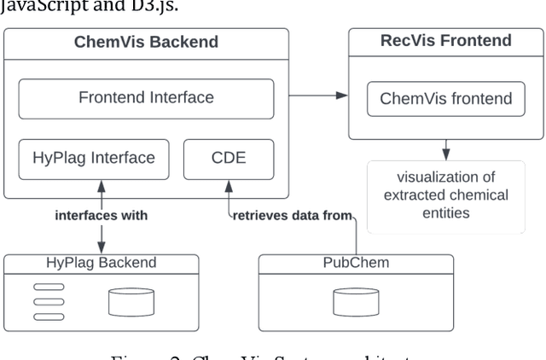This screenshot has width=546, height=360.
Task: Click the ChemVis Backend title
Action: click(x=147, y=42)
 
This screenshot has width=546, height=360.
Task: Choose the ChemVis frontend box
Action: click(x=446, y=99)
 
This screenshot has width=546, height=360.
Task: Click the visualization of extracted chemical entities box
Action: click(x=446, y=195)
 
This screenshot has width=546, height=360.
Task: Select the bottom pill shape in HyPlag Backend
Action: click(x=49, y=316)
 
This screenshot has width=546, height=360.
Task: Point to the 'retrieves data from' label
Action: click(x=292, y=216)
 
